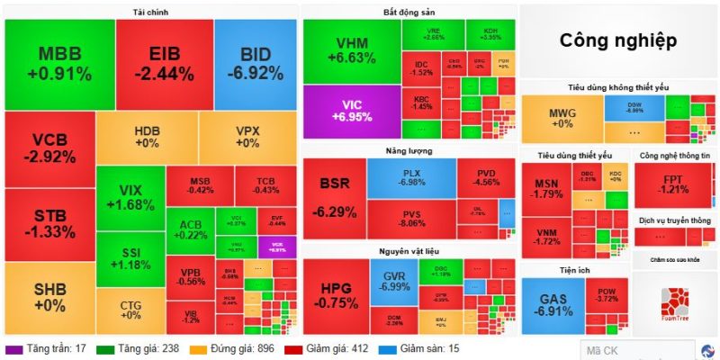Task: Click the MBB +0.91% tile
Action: pyautogui.click(x=59, y=63)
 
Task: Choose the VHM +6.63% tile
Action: pyautogui.click(x=351, y=52)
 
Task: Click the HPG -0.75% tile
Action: pyautogui.click(x=335, y=296)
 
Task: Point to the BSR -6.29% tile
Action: pyautogui.click(x=334, y=198)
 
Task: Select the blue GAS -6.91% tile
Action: pyautogui.click(x=552, y=303)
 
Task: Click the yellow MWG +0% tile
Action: pyautogui.click(x=561, y=118)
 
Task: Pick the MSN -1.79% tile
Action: pyautogui.click(x=546, y=187)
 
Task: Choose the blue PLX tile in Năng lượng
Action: pyautogui.click(x=410, y=177)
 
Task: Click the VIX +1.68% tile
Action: pyautogui.click(x=130, y=198)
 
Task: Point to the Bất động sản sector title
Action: pyautogui.click(x=409, y=12)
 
